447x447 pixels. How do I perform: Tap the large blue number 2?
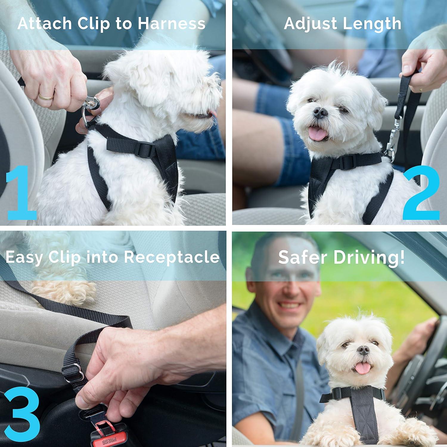click(421, 192)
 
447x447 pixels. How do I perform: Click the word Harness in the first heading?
click(171, 24)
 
